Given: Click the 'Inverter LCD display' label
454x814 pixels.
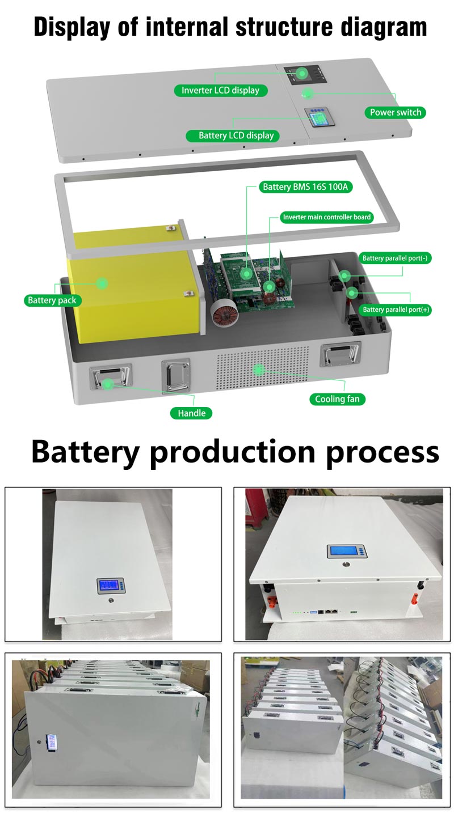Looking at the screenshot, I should (x=220, y=90).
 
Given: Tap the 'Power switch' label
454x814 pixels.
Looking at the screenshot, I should (x=395, y=112).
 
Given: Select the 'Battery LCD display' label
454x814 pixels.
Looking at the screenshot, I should (x=236, y=135).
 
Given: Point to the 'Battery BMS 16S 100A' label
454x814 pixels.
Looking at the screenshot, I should (x=305, y=186).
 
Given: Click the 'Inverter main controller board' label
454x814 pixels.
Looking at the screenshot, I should (x=327, y=217).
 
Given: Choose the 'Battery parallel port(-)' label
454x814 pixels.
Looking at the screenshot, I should (x=396, y=258).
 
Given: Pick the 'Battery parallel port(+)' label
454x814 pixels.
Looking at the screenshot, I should (x=396, y=310).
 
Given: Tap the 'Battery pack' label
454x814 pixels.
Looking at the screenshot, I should (x=52, y=300).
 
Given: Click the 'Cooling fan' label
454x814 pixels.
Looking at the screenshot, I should (x=337, y=399).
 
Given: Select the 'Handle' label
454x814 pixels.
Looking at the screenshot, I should (x=191, y=413).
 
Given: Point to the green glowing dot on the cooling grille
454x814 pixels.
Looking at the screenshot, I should (x=259, y=370).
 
